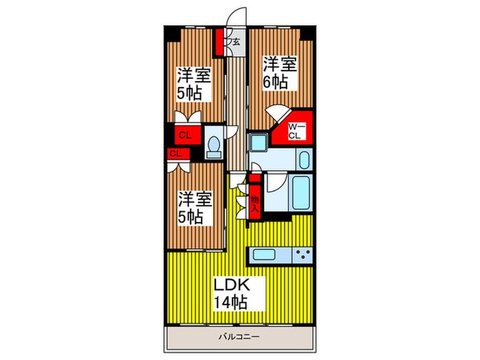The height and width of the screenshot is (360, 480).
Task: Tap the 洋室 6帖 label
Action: (x=280, y=73)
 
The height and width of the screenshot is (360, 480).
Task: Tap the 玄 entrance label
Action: (x=235, y=43)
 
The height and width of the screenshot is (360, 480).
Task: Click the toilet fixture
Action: (x=214, y=145)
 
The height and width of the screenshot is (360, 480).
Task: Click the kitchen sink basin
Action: (x=264, y=255)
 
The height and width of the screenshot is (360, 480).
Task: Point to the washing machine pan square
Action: (x=258, y=143)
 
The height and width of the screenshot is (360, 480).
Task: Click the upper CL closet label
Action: (x=184, y=134)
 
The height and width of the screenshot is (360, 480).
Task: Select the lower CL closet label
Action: (x=175, y=153)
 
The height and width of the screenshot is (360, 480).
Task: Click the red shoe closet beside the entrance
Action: (x=221, y=43)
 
